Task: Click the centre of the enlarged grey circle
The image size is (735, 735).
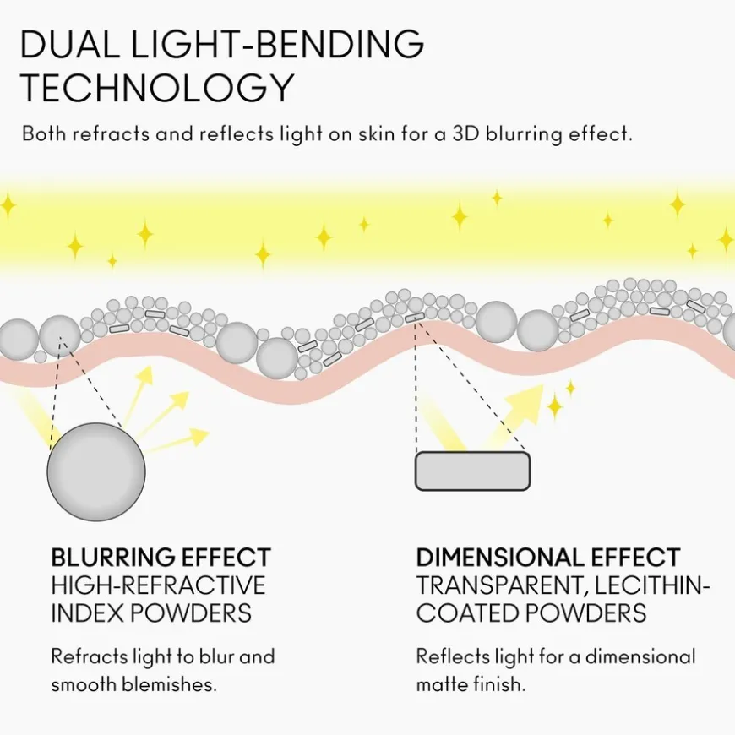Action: [x=96, y=471]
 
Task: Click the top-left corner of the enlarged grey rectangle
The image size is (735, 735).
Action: [x=416, y=452]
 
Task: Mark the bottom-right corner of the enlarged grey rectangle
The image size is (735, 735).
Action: [x=531, y=490]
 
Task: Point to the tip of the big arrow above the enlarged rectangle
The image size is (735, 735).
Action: [x=543, y=386]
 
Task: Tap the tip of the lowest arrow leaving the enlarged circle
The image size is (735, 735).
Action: [x=209, y=430]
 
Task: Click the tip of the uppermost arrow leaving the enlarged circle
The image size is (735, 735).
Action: [x=152, y=366]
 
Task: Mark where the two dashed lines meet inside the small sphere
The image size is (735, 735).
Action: [x=60, y=336]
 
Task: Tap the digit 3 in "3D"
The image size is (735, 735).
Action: [x=458, y=134]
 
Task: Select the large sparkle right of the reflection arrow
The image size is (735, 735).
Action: [x=555, y=406]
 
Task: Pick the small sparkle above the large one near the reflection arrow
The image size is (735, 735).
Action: [x=570, y=388]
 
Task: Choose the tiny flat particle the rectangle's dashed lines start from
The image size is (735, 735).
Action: [x=415, y=318]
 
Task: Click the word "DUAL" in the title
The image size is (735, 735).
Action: [x=70, y=44]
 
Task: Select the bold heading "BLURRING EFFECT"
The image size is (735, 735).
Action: [x=161, y=558]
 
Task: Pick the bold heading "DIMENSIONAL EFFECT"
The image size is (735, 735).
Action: [x=548, y=558]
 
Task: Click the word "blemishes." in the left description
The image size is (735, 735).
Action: [x=169, y=684]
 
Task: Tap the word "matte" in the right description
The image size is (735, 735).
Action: [x=442, y=685]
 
